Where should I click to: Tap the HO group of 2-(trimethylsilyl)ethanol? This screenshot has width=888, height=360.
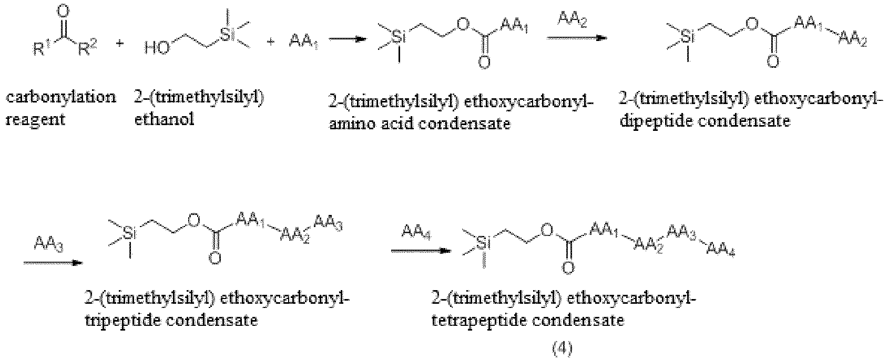157,48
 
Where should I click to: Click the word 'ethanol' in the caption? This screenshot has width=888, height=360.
165,118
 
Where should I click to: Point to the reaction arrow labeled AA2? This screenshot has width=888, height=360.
577,38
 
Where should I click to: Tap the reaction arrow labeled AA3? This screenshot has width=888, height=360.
53,263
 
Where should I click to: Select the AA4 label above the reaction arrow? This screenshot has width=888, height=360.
416,232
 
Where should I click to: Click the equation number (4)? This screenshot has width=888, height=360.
563,348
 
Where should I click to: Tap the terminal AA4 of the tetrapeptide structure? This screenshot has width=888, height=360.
721,250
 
